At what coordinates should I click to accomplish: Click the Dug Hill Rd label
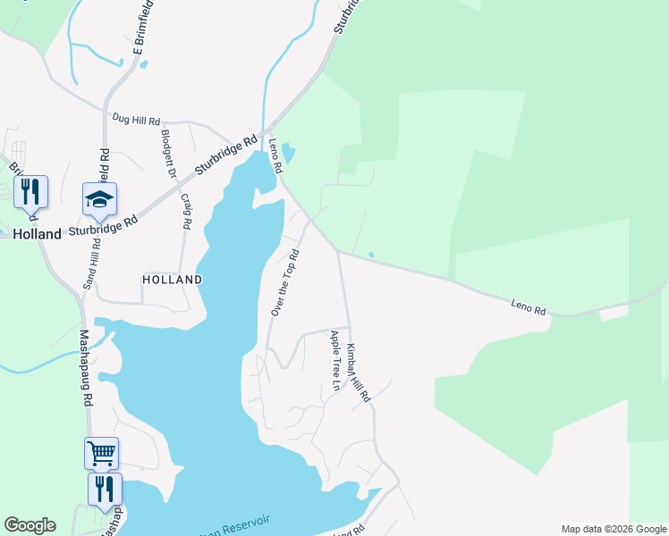(136, 118)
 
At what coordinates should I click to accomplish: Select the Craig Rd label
(186, 212)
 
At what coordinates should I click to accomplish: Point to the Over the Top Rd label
(284, 282)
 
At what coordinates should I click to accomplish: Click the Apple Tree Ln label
(335, 361)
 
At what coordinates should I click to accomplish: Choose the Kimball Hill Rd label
(358, 376)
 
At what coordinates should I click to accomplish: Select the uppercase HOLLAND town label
(172, 280)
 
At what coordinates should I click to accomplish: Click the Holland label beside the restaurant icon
(38, 234)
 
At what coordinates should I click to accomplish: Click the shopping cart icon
(101, 452)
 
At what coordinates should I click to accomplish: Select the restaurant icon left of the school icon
(30, 191)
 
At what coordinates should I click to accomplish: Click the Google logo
(30, 525)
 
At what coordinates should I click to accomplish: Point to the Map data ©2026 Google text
(613, 529)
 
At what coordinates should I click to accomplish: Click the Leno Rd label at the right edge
(528, 306)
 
